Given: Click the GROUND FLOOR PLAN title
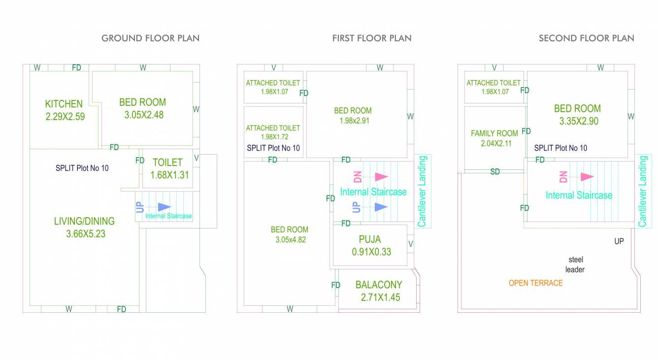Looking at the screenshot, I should pos(150,38).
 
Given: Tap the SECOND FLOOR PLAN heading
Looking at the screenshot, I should pos(586,38).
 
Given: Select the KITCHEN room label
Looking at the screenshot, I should pos(64,104).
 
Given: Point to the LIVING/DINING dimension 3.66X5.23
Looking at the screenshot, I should pos(86,234).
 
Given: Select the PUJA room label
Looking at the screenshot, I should pos(369,240).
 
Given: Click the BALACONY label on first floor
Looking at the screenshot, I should pos(379,285).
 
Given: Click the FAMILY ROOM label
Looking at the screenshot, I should pos(494,133).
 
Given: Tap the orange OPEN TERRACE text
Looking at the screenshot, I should pos(535,283).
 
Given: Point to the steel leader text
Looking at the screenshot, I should pos(575,264).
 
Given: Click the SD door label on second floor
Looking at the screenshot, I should pos(495,172).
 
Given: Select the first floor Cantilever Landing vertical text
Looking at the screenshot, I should pos(422,191).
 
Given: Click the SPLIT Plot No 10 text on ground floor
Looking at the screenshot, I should pos(82,168).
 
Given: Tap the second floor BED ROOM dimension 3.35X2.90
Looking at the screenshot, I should pos(579,121).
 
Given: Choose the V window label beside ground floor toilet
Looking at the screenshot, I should pos(196,158).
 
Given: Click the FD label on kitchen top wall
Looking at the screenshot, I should pos(76,68).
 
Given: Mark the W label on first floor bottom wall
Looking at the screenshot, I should pos(290,309).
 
